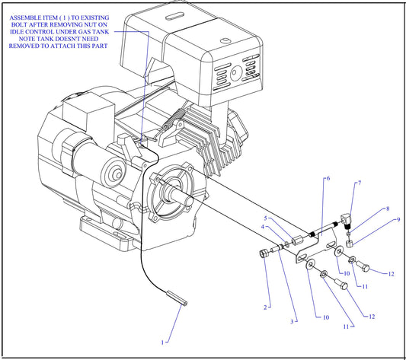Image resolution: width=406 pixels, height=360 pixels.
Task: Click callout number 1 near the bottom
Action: click(162, 342)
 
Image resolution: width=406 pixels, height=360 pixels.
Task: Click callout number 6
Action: click(328, 179)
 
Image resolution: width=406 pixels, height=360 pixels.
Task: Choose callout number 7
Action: click(359, 183)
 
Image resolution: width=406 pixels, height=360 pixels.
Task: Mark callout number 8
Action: click(387, 208)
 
